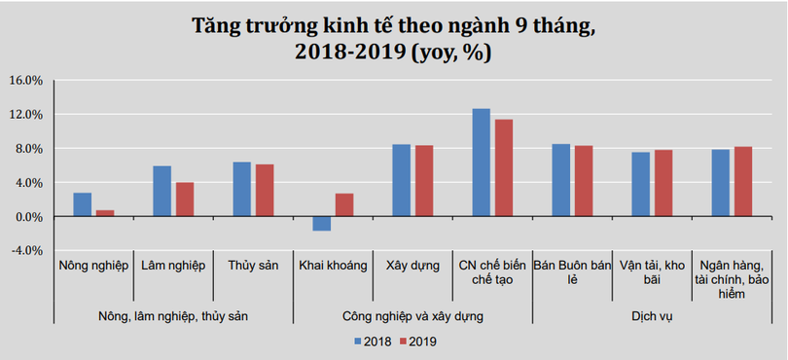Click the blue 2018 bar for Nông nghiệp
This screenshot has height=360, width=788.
click(x=83, y=204)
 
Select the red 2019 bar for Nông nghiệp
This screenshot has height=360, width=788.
click(x=105, y=213)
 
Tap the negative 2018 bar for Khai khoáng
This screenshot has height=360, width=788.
click(x=321, y=224)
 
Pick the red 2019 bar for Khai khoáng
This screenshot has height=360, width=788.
click(x=344, y=204)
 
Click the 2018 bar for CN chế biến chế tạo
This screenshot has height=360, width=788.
click(x=481, y=162)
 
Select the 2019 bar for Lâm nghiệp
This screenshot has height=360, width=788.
click(x=185, y=199)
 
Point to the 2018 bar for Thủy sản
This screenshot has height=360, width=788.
click(x=241, y=189)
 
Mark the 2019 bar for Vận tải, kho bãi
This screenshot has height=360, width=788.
click(x=663, y=183)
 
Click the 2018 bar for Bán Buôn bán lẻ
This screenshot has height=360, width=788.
click(x=560, y=180)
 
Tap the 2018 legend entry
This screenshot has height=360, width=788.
click(x=373, y=342)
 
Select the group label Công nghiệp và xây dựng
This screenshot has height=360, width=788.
click(x=412, y=316)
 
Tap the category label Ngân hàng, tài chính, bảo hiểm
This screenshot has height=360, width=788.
click(x=733, y=279)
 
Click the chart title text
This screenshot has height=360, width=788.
click(x=393, y=39)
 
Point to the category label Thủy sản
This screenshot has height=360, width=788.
click(x=252, y=266)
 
